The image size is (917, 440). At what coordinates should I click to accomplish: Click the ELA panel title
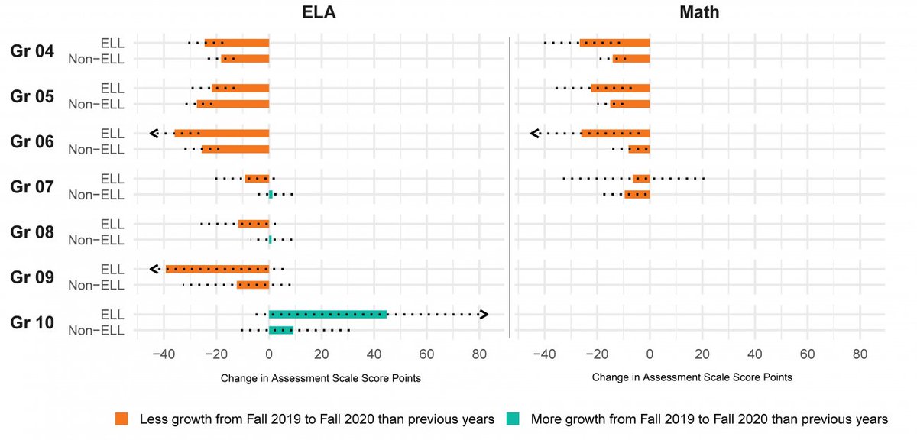point(321,13)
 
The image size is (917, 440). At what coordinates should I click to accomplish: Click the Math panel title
point(698,13)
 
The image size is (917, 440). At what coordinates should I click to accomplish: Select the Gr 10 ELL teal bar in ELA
point(328,314)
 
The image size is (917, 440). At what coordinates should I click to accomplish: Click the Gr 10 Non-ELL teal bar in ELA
point(281,330)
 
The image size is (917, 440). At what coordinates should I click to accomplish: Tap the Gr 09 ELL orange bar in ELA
point(218,269)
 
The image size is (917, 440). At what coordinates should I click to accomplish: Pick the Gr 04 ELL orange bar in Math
point(614,43)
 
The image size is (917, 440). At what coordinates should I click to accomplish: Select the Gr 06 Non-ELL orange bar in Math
point(639,149)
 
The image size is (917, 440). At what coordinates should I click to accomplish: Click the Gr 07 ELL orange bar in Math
point(641,179)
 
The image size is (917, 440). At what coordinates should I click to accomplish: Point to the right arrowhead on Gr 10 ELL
point(483,314)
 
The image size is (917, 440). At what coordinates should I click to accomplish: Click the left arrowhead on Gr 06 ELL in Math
point(536,134)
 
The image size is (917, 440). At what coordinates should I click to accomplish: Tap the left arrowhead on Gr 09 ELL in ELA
point(154,269)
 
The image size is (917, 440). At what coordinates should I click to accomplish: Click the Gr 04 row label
point(32,51)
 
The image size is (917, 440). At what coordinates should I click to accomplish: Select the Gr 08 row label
point(32,232)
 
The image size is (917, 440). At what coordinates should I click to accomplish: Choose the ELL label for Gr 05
point(112,89)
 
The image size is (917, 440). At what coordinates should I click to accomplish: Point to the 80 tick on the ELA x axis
point(479,354)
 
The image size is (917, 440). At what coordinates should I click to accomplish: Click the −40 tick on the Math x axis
point(544,354)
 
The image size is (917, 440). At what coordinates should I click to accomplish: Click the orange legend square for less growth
point(122,419)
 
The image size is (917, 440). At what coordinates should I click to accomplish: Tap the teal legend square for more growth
point(514,419)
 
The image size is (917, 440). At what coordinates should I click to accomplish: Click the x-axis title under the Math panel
point(692,377)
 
